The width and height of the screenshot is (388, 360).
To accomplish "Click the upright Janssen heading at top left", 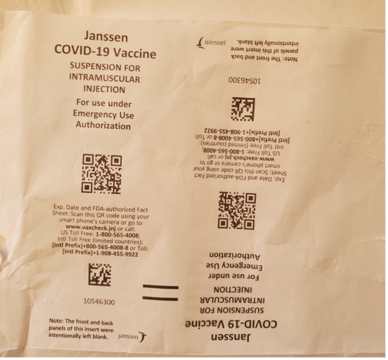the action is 106,37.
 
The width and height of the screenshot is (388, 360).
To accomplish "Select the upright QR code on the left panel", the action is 102,174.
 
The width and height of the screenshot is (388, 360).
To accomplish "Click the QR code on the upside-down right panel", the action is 237,210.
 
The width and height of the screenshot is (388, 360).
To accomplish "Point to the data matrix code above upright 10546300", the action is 100,275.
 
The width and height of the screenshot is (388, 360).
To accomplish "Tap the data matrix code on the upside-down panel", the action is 243,109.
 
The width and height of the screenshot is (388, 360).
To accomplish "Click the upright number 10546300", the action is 99,302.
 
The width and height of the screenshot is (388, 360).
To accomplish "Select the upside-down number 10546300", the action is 244,81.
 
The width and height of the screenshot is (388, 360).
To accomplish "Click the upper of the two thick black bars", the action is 161,287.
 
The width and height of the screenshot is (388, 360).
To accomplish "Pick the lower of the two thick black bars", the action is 160,299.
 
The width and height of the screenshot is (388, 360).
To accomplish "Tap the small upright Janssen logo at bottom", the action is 132,337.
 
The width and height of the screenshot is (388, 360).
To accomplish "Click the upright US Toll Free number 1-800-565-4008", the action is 118,234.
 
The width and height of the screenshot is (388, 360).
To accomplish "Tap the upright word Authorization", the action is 103,125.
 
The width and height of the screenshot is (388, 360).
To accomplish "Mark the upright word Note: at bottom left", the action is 56,321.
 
